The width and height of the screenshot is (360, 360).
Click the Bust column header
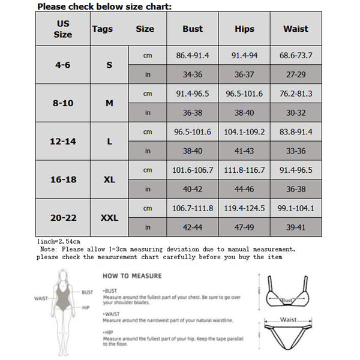click(x=193, y=29)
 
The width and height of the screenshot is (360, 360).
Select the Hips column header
click(x=244, y=29)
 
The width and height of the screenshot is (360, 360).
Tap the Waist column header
click(x=295, y=29)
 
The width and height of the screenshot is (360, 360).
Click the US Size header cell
click(x=62, y=29)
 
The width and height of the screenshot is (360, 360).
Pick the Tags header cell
click(x=103, y=29)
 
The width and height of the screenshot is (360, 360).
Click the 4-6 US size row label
click(x=63, y=64)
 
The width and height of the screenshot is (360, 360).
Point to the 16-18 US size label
click(x=63, y=179)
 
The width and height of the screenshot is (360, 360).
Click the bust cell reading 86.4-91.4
click(x=193, y=56)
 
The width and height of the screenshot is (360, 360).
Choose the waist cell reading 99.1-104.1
click(x=295, y=208)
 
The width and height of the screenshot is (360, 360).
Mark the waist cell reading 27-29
click(x=295, y=75)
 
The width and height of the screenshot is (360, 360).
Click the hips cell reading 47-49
click(x=244, y=227)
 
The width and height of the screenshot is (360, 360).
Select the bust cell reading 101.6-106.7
click(x=193, y=170)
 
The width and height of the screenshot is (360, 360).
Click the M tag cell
click(x=109, y=103)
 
